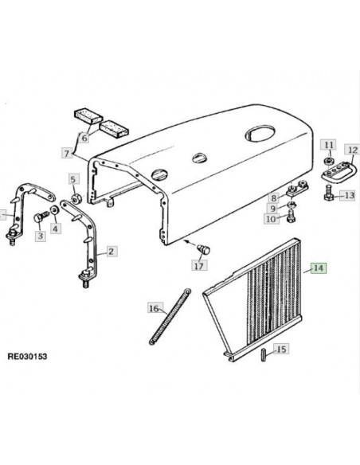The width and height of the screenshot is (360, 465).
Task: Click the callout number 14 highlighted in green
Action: pos(319,268)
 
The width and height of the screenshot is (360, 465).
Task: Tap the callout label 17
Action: pos(199,265)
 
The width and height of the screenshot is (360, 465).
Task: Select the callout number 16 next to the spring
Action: pos(154,308)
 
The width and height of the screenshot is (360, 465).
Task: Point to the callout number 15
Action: pos(281,349)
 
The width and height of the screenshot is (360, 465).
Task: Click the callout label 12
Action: pos(352,150)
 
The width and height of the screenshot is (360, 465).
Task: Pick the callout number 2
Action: pos(111,252)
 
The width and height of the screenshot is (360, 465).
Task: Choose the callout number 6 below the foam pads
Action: pos(84,138)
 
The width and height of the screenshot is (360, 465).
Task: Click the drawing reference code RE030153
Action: pos(27,356)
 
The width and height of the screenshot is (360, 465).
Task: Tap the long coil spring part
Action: pos(170,316)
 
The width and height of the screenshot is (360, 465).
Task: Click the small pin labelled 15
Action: pos(264,355)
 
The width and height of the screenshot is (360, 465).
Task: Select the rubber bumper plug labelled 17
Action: pos(204,249)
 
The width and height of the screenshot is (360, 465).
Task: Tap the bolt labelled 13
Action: pos(328,193)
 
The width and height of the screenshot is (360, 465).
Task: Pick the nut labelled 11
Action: pos(328,161)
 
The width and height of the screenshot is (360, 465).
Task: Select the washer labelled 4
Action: pos(54,210)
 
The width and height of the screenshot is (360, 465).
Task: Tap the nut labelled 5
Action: pos(76,199)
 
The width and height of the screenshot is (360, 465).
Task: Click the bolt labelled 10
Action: pos(291,217)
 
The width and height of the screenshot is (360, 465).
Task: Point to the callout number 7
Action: pos(67,154)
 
